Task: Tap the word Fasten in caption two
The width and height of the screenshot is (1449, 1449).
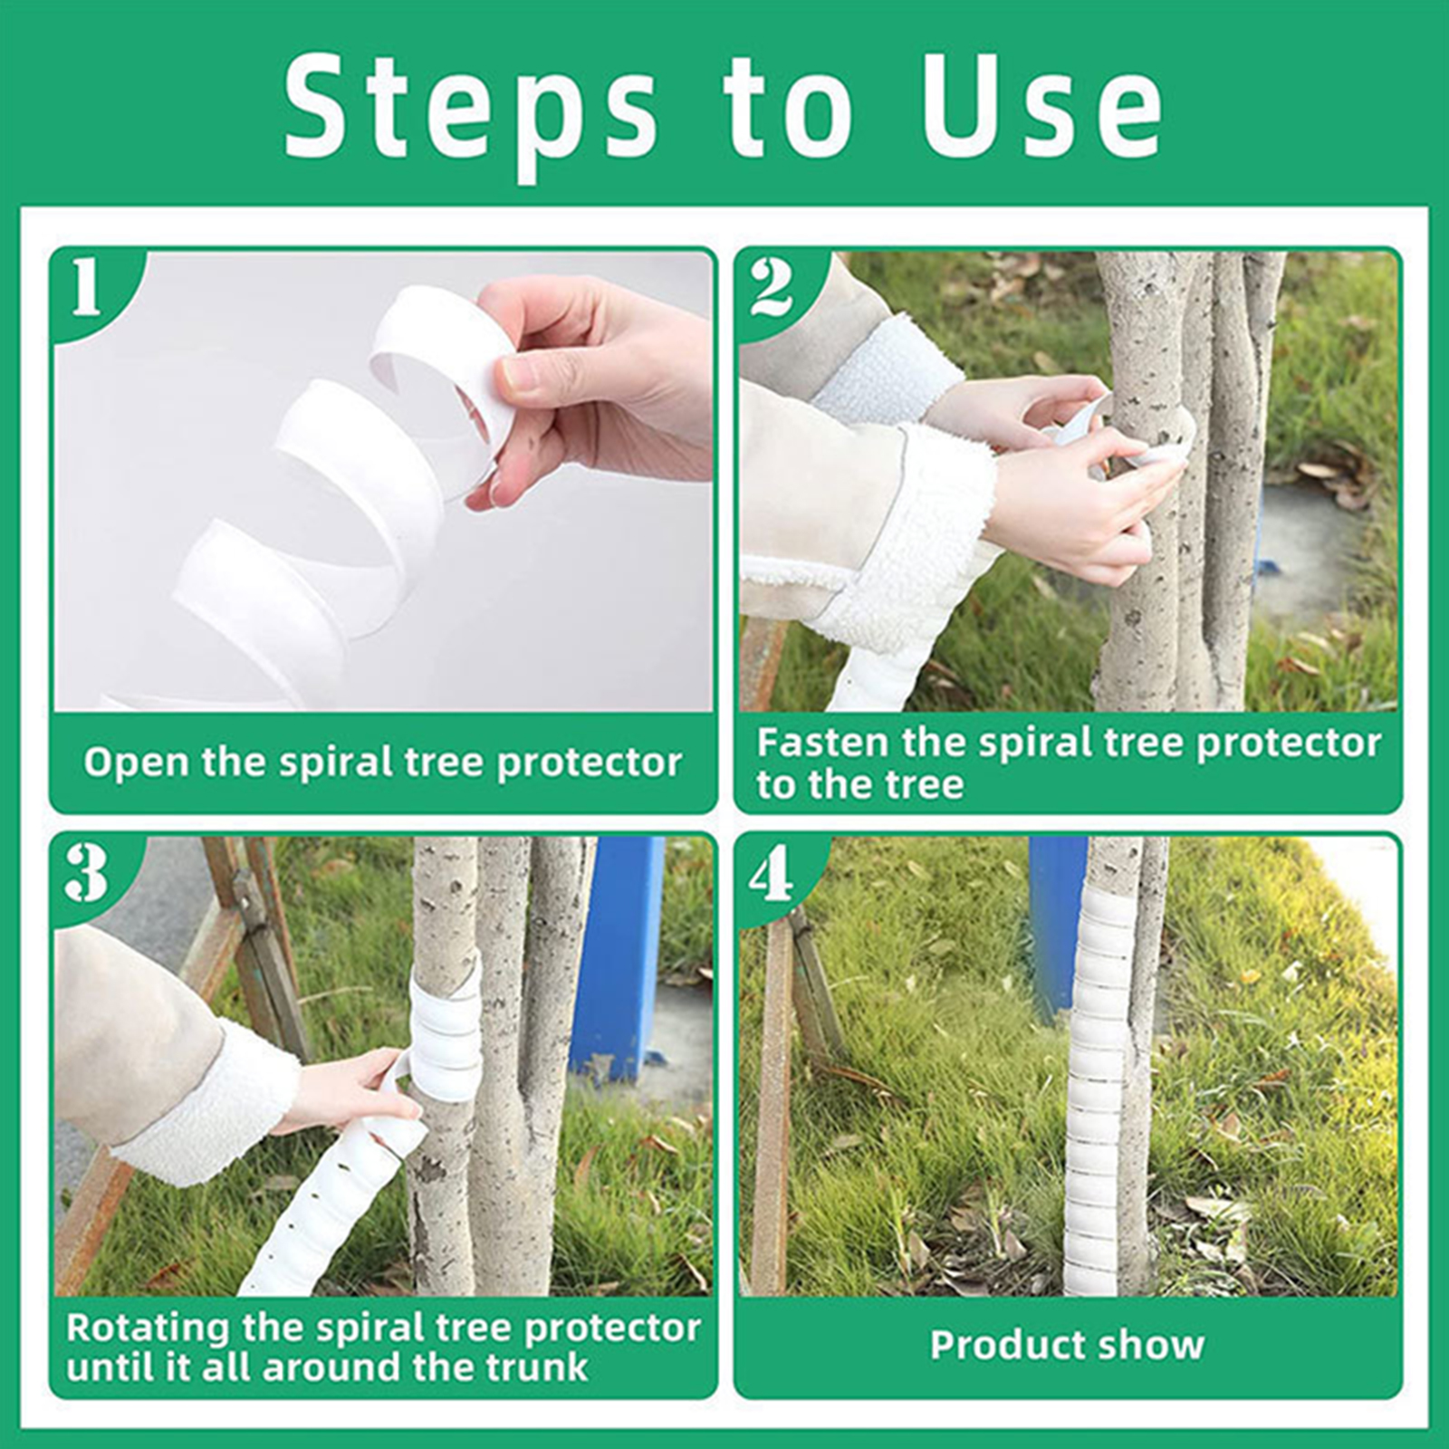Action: [821, 743]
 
